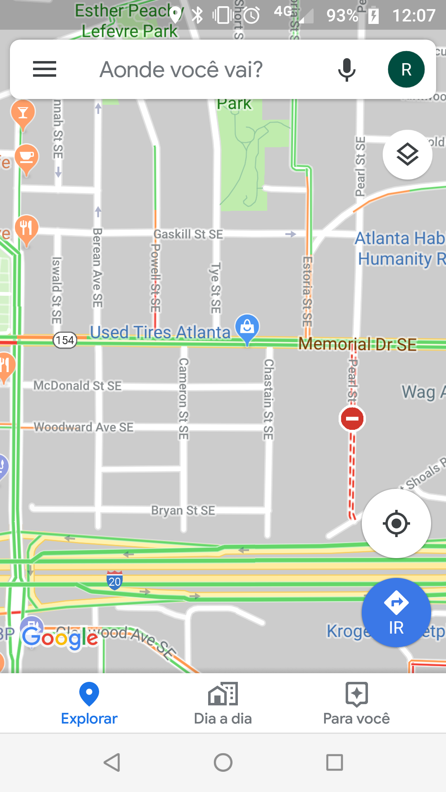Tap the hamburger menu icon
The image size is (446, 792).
click(45, 69)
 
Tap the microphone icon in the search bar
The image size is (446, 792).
click(346, 69)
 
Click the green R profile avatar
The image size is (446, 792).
click(406, 69)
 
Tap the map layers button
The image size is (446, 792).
click(407, 155)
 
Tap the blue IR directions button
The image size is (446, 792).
click(396, 613)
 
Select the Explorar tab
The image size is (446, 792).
click(89, 704)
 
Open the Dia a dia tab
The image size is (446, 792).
click(223, 704)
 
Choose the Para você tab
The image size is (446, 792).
click(356, 704)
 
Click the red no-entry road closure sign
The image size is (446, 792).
click(352, 419)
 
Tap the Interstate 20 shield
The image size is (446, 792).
click(114, 580)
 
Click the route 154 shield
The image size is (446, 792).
click(65, 340)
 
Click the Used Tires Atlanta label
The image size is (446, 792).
click(160, 332)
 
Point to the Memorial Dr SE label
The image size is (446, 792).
click(357, 344)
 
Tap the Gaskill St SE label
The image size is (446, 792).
click(188, 234)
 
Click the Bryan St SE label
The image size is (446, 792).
click(183, 510)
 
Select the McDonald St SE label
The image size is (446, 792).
click(77, 386)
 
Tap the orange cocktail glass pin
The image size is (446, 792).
click(23, 113)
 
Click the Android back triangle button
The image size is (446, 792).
click(112, 762)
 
